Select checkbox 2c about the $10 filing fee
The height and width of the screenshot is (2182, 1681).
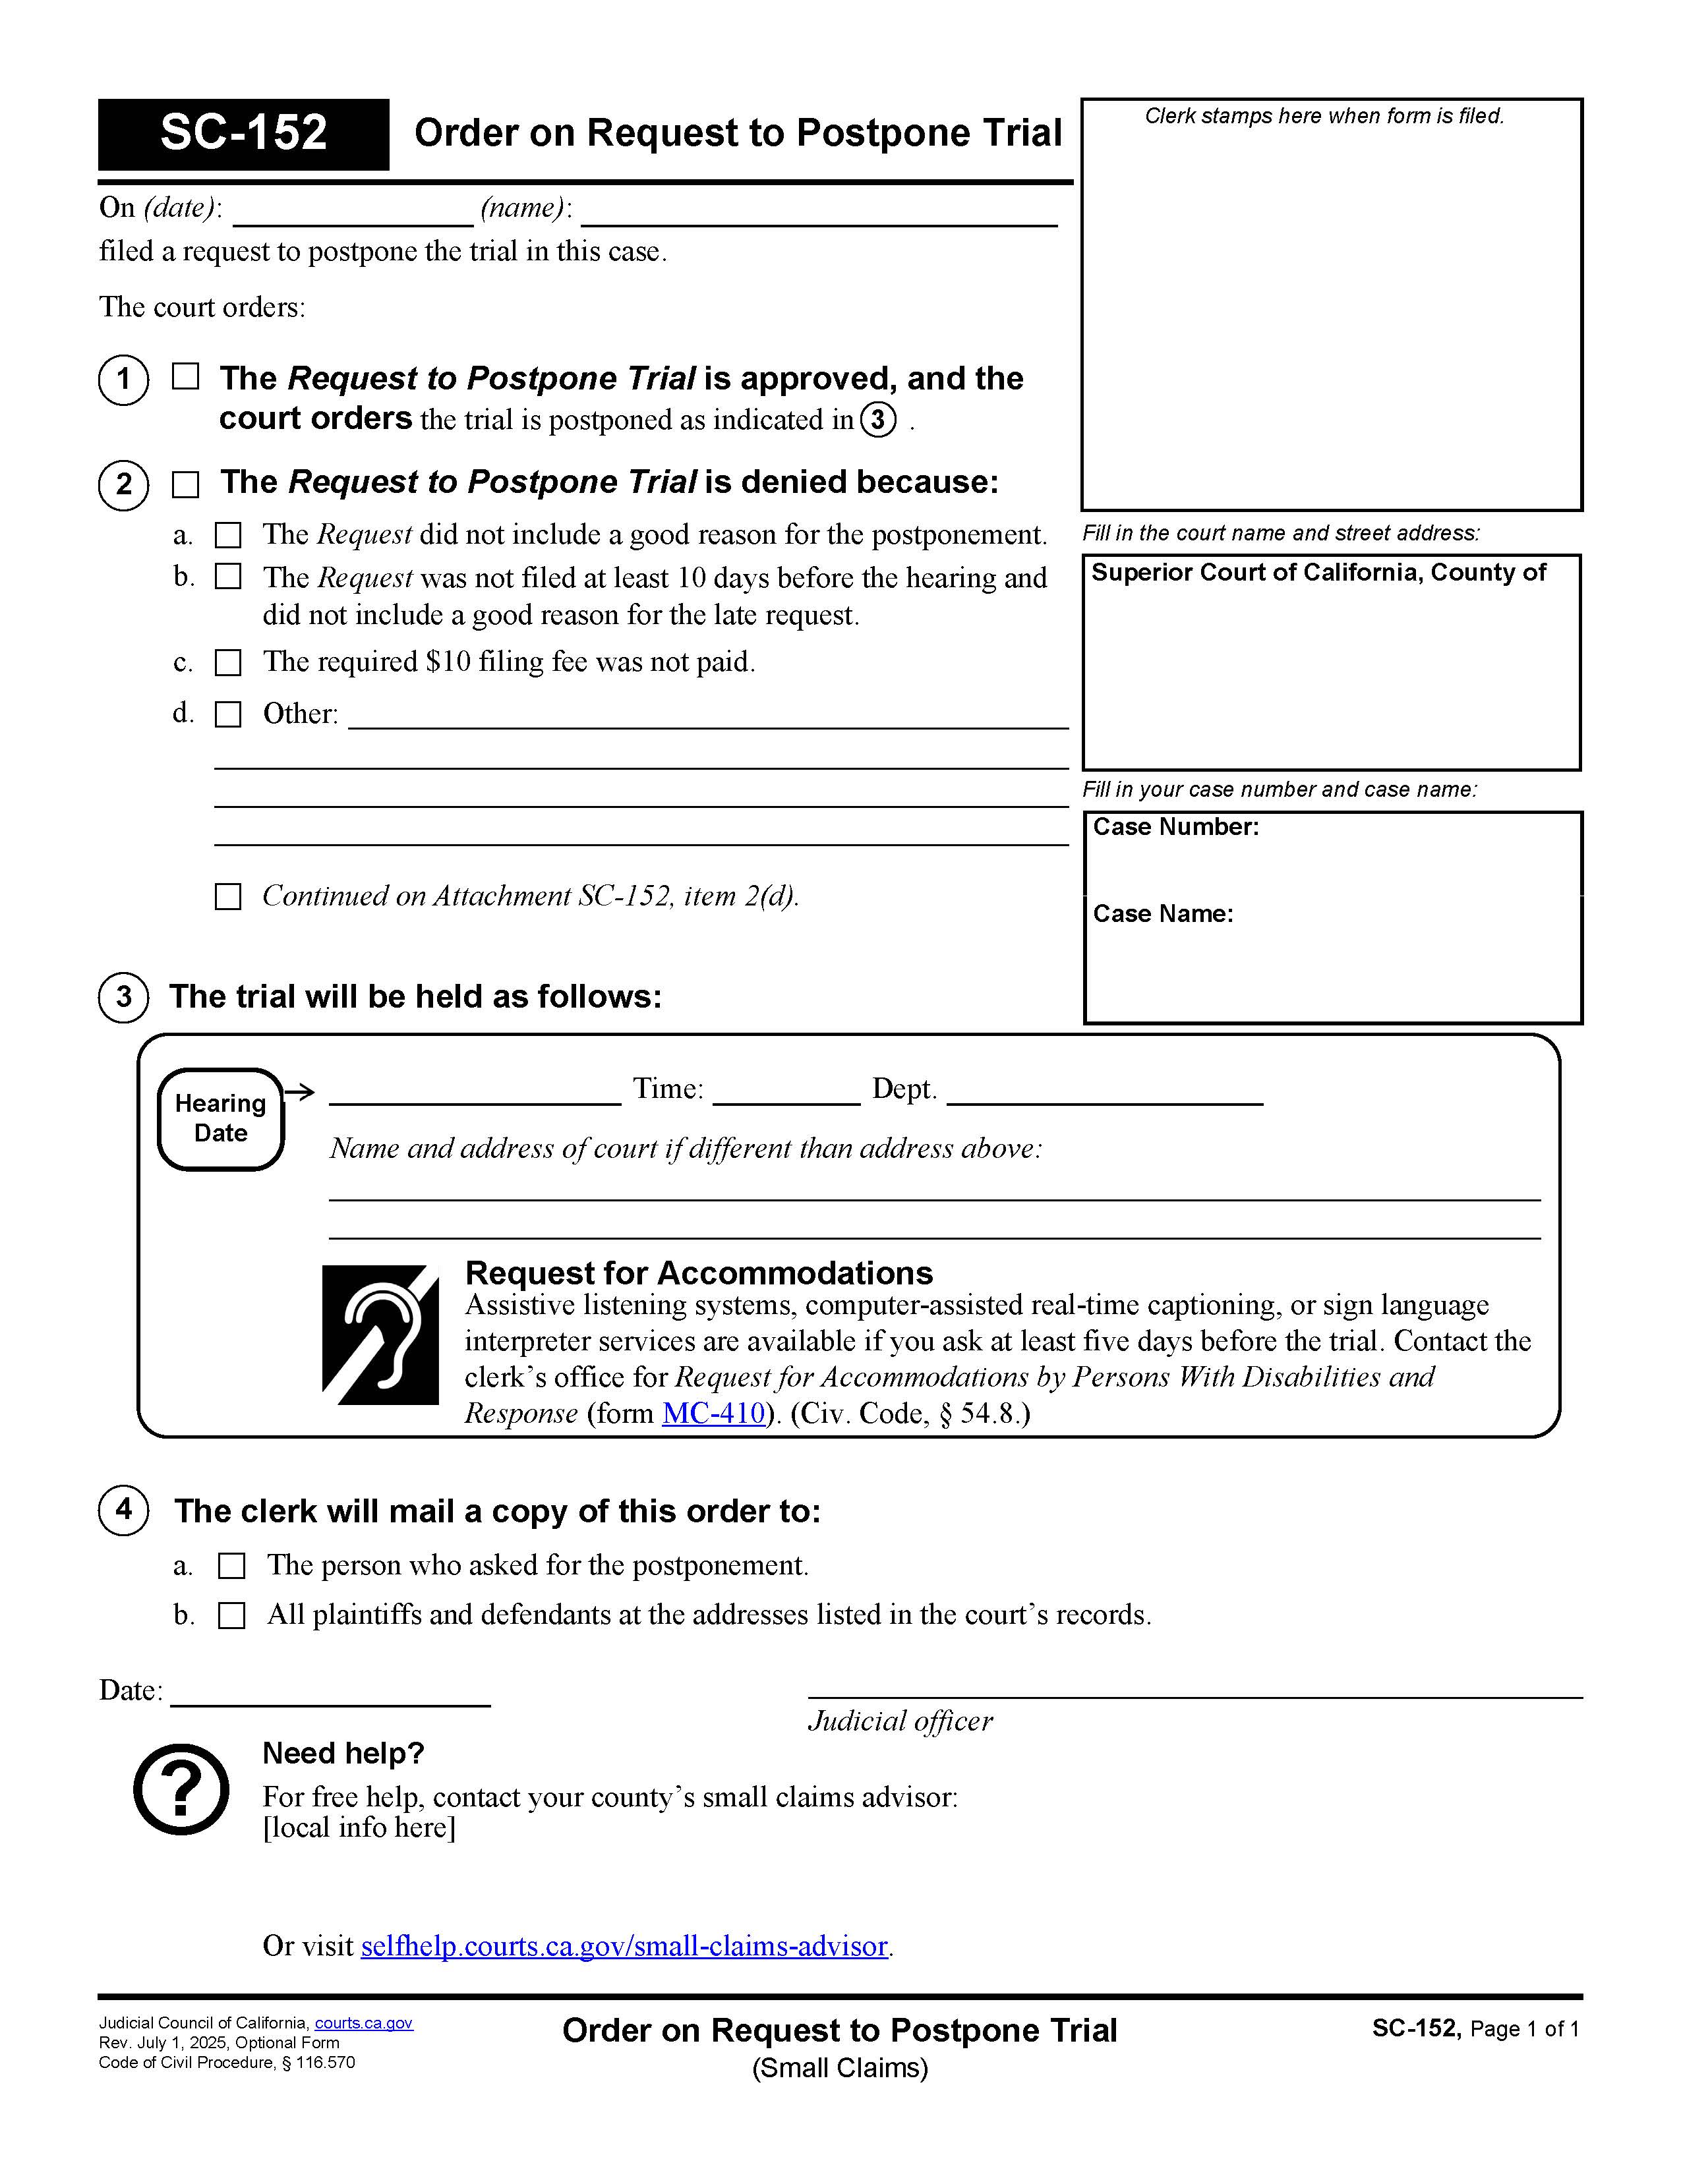(229, 662)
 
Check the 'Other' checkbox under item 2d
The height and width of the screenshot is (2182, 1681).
(229, 714)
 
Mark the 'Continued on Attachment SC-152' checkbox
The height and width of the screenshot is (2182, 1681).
(229, 896)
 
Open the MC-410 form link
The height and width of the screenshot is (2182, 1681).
(713, 1413)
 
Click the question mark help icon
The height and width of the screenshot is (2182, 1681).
(181, 1789)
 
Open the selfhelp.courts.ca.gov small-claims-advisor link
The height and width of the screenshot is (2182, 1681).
(624, 1945)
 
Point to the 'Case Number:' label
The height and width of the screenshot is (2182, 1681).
(1175, 827)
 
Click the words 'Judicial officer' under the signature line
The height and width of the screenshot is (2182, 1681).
(899, 1721)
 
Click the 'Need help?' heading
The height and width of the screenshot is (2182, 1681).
(343, 1752)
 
